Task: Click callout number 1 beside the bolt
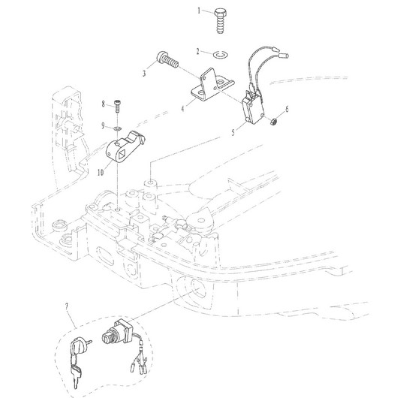click(199, 11)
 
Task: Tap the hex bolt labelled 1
click(221, 21)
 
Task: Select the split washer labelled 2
click(221, 54)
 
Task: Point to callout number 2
click(198, 51)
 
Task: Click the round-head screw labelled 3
click(167, 59)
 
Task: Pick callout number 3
click(144, 74)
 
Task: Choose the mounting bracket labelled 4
click(212, 85)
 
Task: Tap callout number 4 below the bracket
click(182, 109)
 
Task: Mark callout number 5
click(234, 132)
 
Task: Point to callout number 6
click(287, 109)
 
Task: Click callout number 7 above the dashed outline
click(67, 306)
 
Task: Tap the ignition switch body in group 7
click(116, 333)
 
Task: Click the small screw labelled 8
click(118, 106)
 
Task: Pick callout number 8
click(103, 104)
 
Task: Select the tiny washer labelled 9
click(117, 128)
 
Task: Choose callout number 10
click(101, 173)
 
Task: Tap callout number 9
click(103, 125)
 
